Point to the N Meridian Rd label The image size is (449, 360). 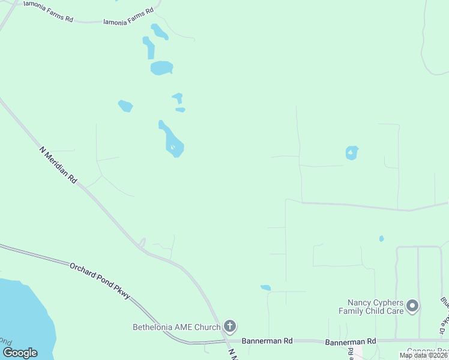(x=59, y=164)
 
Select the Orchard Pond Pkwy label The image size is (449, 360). (x=100, y=281)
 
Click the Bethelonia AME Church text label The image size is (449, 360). (x=176, y=327)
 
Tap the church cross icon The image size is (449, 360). (x=229, y=326)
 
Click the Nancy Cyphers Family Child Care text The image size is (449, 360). (x=371, y=307)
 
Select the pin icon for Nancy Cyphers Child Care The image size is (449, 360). (x=412, y=307)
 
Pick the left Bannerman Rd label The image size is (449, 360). (x=267, y=341)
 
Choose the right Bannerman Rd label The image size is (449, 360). (x=351, y=341)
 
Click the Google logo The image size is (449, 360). (x=20, y=353)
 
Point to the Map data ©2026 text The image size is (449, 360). (x=423, y=355)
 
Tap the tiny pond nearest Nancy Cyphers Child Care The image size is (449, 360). (x=382, y=239)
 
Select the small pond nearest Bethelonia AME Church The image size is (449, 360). (x=265, y=288)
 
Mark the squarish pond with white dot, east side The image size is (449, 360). (x=352, y=153)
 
